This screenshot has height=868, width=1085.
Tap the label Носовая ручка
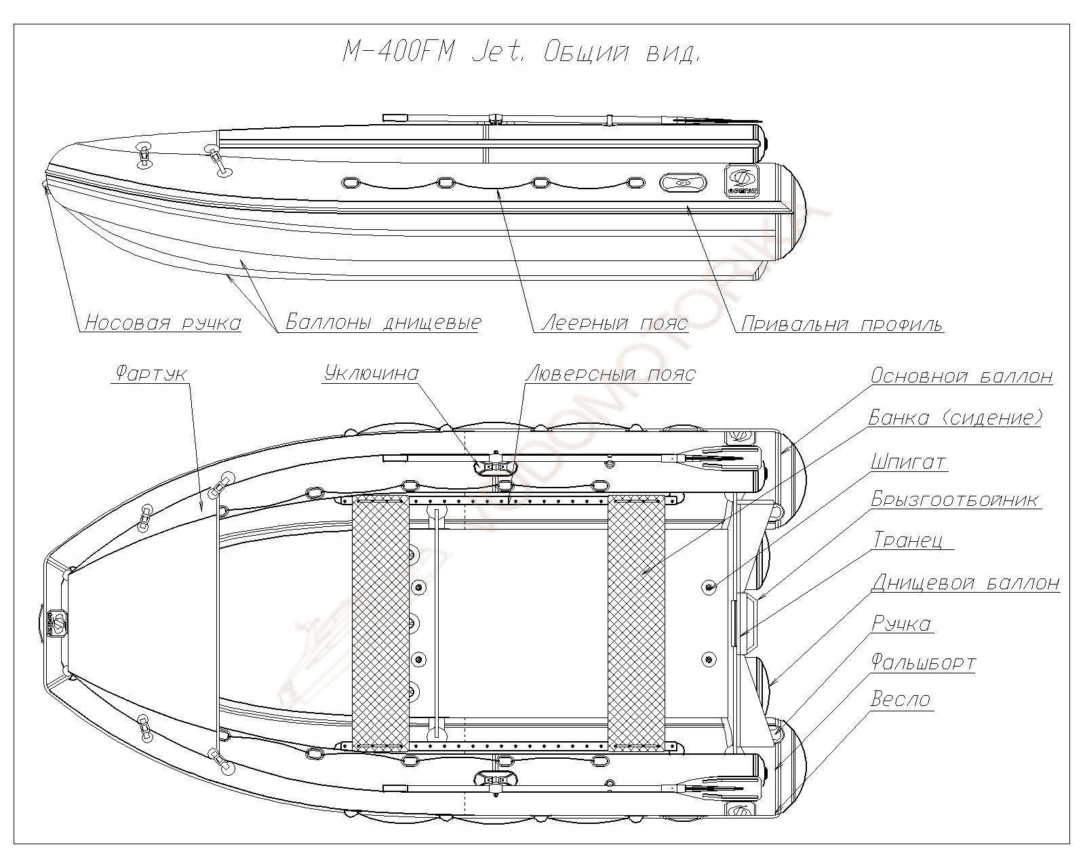(x=163, y=322)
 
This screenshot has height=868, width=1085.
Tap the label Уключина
(x=372, y=373)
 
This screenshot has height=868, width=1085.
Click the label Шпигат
(x=908, y=462)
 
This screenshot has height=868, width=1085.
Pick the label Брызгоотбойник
(x=955, y=500)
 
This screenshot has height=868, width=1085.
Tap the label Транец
(x=913, y=540)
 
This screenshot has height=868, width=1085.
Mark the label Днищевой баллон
(x=966, y=582)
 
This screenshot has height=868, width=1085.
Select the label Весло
(x=901, y=699)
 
